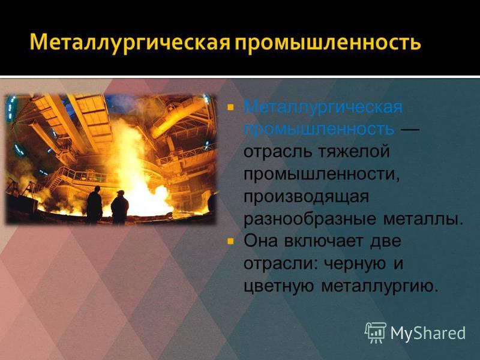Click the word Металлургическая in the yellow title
pyautogui.click(x=130, y=42)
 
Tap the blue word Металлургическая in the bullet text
pyautogui.click(x=323, y=108)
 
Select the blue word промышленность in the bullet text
pyautogui.click(x=319, y=129)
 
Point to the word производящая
pyautogui.click(x=306, y=197)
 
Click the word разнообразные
pyautogui.click(x=310, y=219)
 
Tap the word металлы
pyautogui.click(x=424, y=220)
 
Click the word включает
pyautogui.click(x=325, y=242)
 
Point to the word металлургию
pyautogui.click(x=379, y=287)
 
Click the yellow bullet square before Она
pyautogui.click(x=230, y=242)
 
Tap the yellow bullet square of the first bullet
pyautogui.click(x=230, y=107)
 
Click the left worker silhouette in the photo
pyautogui.click(x=94, y=205)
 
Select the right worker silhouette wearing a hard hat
pyautogui.click(x=119, y=207)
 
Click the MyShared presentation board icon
pyautogui.click(x=376, y=332)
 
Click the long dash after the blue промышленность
pyautogui.click(x=410, y=131)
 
